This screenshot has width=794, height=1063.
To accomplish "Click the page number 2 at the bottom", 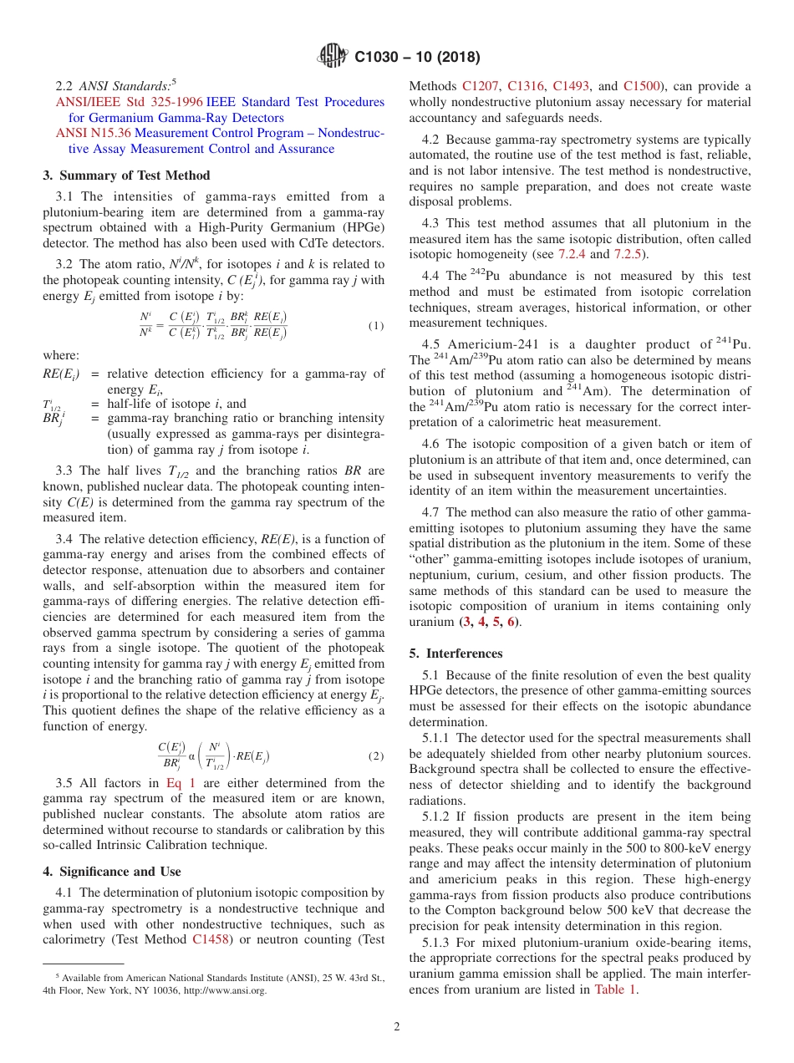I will (396, 1027).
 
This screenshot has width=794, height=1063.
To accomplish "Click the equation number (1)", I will (376, 326).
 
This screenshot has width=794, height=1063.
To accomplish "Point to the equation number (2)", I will (376, 755).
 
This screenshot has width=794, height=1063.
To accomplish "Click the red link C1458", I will (211, 939).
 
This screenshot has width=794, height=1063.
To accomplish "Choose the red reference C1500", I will (642, 85).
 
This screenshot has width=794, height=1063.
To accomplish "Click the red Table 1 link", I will (615, 989).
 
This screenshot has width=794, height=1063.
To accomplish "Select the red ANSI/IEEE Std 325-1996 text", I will (129, 102).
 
